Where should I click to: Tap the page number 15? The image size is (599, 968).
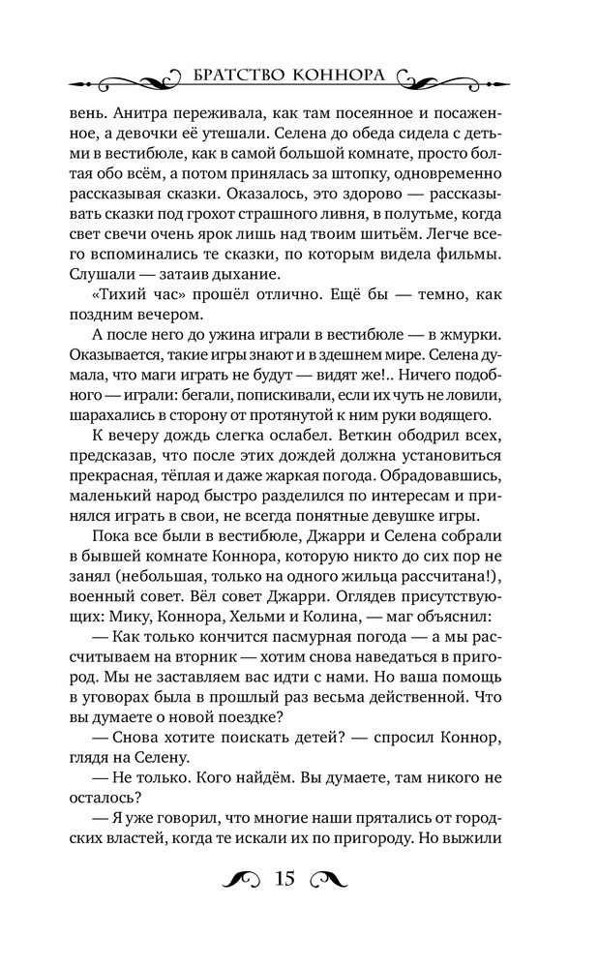click(285, 880)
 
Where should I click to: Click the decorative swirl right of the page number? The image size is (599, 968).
click(326, 879)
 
